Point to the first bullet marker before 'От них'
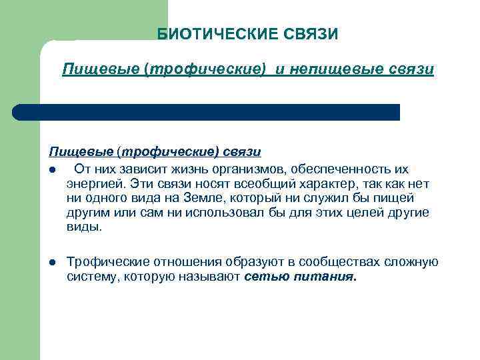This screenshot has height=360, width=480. click(52, 169)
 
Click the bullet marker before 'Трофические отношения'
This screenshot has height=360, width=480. click(52, 261)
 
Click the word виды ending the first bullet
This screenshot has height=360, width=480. click(84, 227)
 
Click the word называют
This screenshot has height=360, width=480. click(210, 276)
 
